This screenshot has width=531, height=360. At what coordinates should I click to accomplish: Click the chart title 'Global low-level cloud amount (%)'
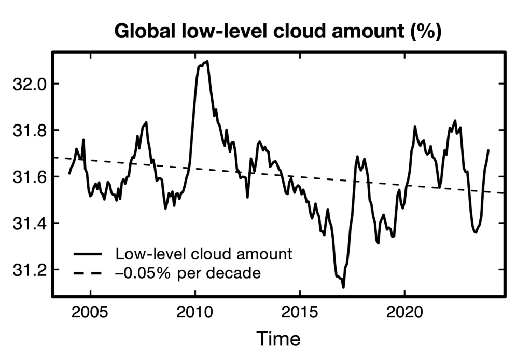coord(277,31)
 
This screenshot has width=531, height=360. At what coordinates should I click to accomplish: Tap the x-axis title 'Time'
coord(278,339)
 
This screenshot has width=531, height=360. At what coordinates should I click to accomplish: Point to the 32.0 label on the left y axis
coord(29,84)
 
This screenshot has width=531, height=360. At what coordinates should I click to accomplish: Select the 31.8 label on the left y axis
coord(29,130)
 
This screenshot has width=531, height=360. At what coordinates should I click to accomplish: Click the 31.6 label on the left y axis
coord(29,177)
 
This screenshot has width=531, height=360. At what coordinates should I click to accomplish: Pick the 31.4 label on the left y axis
coord(29,224)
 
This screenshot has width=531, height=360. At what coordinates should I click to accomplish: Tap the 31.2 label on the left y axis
coord(29,270)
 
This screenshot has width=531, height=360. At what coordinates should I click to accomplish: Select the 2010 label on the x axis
coord(195,314)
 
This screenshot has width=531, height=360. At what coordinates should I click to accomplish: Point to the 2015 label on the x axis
coord(300,314)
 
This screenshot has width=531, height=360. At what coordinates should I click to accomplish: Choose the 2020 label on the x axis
coord(404,314)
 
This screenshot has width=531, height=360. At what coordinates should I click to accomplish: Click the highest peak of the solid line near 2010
coord(207,61)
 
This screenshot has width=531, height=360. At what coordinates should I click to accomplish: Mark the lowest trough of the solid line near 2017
coord(343,287)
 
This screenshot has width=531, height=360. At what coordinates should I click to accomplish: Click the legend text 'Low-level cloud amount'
coord(204,254)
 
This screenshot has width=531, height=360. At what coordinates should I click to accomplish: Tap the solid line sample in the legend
coord(87,254)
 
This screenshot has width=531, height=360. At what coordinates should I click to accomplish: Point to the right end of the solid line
coord(488,150)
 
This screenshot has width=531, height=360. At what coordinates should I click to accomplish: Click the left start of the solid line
coord(69,173)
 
